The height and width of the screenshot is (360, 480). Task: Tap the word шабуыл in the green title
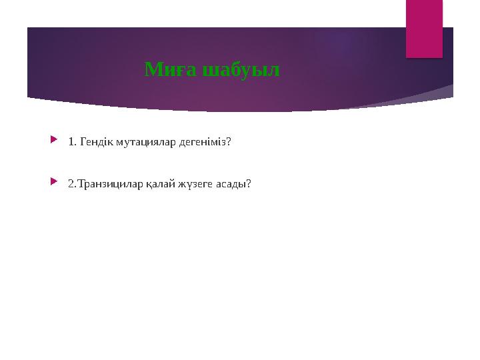pos(241,69)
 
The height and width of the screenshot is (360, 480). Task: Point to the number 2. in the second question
pos(71,183)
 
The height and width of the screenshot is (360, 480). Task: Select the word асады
pos(232,183)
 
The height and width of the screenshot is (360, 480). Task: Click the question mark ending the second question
pos(249,183)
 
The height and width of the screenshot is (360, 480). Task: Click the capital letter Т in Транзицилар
pos(81,183)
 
